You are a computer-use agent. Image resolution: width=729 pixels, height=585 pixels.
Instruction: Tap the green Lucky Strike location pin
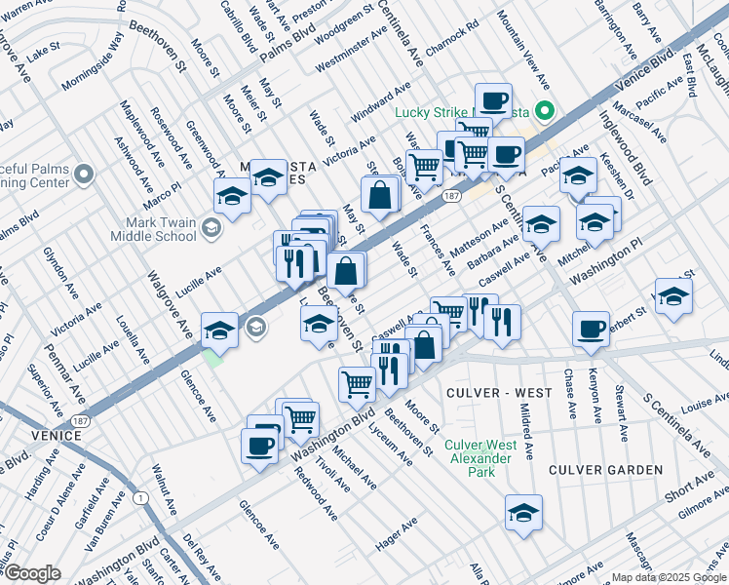tap(546, 111)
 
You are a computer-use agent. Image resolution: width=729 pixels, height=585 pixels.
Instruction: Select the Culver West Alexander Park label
tap(478, 458)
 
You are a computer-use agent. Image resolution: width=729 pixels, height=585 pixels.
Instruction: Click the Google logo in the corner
tap(32, 573)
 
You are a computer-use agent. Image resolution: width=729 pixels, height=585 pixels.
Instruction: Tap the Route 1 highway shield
tap(143, 498)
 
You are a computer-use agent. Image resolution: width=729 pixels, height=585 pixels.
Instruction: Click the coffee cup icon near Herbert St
tap(591, 330)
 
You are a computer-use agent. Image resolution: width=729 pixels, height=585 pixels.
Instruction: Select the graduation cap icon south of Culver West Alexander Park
tap(523, 513)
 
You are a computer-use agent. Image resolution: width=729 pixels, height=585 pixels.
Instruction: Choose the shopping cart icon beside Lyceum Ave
tap(357, 384)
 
